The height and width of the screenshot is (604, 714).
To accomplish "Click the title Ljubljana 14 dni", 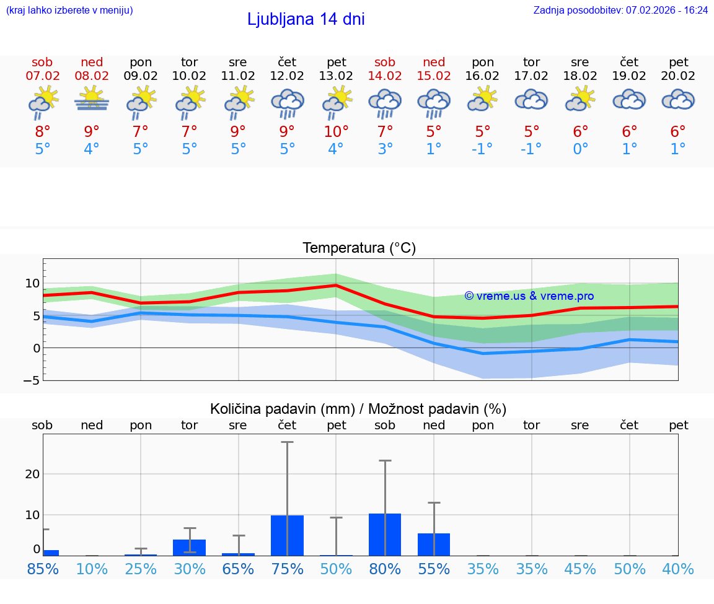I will (306, 19).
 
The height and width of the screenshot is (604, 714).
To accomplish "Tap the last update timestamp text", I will (620, 11).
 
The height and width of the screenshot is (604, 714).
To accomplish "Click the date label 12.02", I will (287, 76).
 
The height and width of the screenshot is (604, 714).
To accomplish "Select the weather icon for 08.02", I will (92, 100).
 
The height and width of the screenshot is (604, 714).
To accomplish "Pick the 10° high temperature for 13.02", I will (335, 132).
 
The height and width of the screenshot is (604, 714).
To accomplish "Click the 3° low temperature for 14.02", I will (385, 149).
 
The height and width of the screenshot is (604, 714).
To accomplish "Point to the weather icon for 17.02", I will (531, 100).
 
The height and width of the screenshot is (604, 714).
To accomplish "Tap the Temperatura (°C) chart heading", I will (359, 248).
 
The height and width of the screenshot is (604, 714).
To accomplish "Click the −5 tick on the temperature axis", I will (32, 380).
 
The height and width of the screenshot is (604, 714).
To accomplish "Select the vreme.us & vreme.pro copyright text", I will (529, 296).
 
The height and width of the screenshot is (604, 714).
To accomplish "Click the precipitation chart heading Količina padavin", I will (358, 409).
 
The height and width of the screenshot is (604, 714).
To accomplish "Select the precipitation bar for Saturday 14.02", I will (385, 535).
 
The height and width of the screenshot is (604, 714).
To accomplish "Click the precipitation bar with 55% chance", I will (434, 544).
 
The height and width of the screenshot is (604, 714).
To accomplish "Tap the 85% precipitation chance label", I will (43, 569).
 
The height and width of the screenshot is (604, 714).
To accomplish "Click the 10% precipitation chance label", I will (92, 569).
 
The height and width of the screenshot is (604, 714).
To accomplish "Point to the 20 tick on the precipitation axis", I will (32, 474).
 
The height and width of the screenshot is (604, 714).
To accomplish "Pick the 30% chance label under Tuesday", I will (190, 569).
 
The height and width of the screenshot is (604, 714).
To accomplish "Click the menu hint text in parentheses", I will (69, 11).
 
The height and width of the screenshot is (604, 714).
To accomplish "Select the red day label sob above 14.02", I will (385, 63).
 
